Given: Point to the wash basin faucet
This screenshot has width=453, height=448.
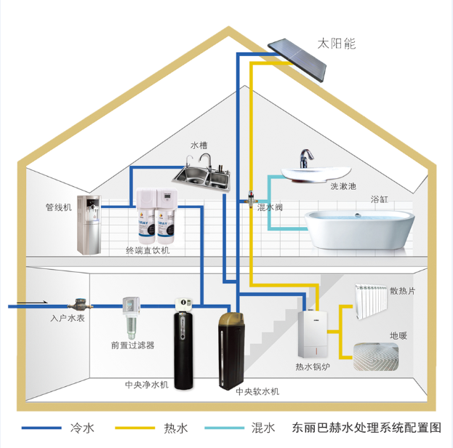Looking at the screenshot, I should pyautogui.click(x=307, y=157).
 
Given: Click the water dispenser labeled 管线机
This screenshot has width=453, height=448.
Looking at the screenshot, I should pyautogui.click(x=89, y=224).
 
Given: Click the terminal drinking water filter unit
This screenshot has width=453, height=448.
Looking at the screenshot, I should pyautogui.click(x=156, y=217).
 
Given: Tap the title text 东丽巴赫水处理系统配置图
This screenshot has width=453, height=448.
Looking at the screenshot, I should pyautogui.click(x=366, y=428).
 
